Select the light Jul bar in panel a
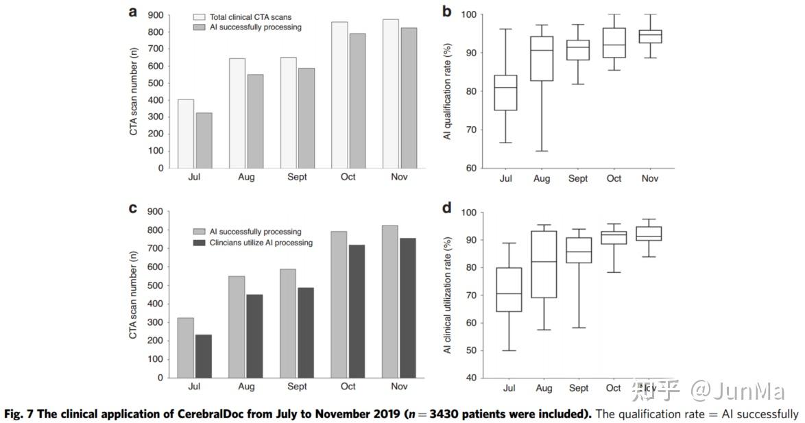[x=186, y=134]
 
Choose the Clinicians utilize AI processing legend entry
[x=254, y=243]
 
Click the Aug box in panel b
[x=542, y=59]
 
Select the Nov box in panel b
[x=649, y=36]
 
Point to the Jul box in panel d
[x=509, y=290]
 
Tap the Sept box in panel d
[x=579, y=250]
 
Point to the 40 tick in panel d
[x=471, y=378]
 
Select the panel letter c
[x=133, y=208]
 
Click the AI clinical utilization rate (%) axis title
[x=447, y=295]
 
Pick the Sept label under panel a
[x=298, y=177]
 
